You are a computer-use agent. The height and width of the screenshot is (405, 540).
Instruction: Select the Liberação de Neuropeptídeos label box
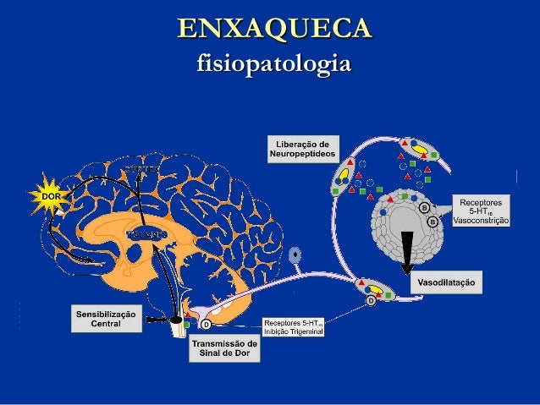302,148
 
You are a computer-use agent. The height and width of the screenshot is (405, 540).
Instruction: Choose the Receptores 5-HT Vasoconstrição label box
481,211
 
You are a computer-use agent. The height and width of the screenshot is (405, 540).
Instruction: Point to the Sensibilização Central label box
106,318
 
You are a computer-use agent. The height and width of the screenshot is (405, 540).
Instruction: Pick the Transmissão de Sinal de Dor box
224,348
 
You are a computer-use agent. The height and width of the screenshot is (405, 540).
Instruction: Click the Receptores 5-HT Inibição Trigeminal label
294,326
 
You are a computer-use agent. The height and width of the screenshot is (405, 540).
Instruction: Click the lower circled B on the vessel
433,222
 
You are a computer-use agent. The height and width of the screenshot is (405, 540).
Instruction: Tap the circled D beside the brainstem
205,325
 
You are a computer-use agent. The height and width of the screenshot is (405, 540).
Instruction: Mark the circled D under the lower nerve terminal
371,300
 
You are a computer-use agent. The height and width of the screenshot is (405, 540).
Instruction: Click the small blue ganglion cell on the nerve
295,254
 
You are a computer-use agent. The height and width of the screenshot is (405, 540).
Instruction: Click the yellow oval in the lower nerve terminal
373,286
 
